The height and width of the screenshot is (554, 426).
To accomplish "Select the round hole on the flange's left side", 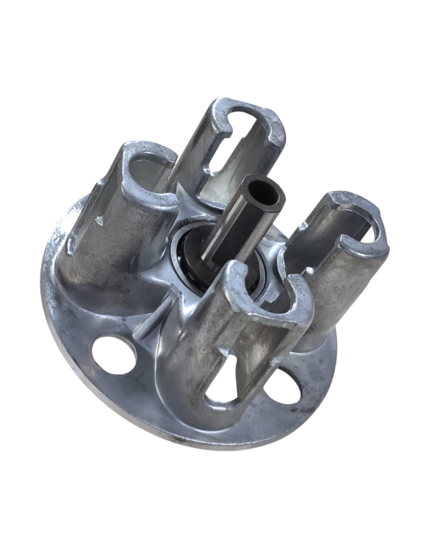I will (x=115, y=354).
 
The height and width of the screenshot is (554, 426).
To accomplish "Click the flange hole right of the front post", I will (x=283, y=385).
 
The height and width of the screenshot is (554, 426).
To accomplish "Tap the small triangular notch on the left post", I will (x=98, y=218).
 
